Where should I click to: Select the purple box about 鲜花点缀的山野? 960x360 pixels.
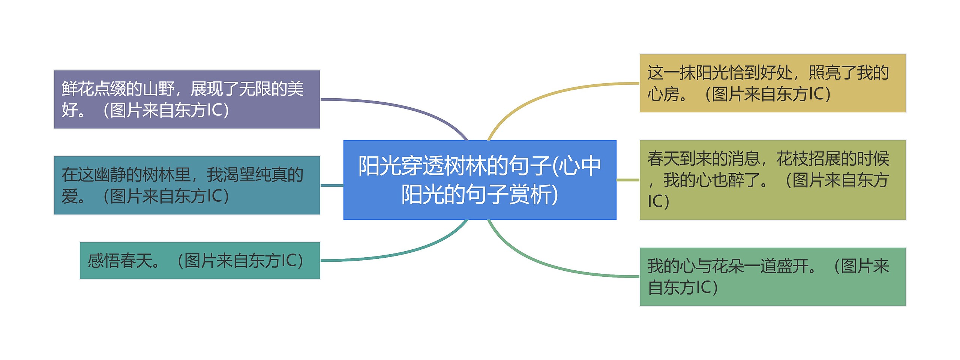click(x=187, y=99)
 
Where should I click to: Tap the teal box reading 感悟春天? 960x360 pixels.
click(x=199, y=261)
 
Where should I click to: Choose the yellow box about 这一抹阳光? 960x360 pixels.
click(x=772, y=83)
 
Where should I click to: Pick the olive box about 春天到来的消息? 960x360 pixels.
click(x=772, y=180)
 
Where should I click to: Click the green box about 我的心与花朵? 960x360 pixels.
click(x=772, y=277)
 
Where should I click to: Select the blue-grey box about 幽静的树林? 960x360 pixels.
click(x=187, y=185)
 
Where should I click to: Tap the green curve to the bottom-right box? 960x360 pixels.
click(x=544, y=264)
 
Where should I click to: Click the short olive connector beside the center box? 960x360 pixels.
click(x=628, y=180)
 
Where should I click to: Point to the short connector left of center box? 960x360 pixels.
click(x=332, y=185)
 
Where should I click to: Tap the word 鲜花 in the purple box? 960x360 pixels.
click(x=78, y=89)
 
